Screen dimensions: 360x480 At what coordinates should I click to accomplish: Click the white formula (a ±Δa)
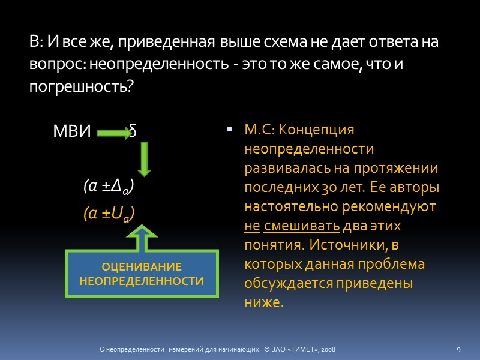coord(109,188)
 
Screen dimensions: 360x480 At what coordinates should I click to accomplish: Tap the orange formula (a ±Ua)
coord(109,214)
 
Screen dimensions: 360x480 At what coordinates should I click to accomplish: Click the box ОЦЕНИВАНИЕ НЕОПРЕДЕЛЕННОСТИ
coord(142,274)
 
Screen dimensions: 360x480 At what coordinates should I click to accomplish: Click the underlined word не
coord(251,227)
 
